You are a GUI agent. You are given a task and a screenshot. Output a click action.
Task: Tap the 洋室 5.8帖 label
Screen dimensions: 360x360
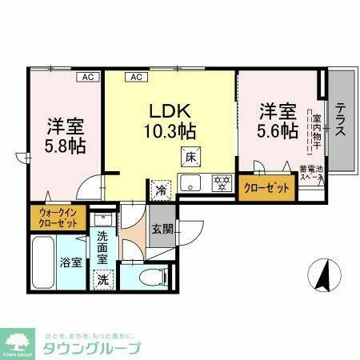(x=66, y=135)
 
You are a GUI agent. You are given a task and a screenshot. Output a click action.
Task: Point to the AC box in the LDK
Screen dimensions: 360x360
(x=136, y=77)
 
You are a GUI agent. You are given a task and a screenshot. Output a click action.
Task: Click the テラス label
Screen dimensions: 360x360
(x=340, y=120)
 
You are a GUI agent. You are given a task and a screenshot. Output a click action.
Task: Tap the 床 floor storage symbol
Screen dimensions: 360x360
(x=190, y=157)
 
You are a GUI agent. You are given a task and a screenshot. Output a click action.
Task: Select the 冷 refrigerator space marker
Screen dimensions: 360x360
(x=162, y=190)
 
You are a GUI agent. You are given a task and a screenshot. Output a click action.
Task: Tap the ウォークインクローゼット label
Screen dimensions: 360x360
(x=55, y=218)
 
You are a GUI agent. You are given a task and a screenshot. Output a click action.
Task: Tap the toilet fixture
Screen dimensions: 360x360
(x=152, y=278)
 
